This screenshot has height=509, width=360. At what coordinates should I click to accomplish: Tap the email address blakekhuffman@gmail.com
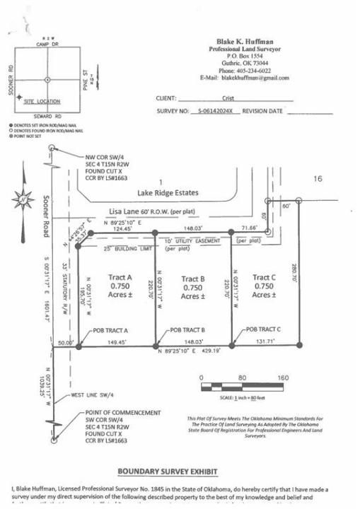point(260,77)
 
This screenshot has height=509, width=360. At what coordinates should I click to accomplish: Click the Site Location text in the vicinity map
point(44,102)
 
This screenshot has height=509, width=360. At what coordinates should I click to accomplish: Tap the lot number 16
point(318,180)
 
